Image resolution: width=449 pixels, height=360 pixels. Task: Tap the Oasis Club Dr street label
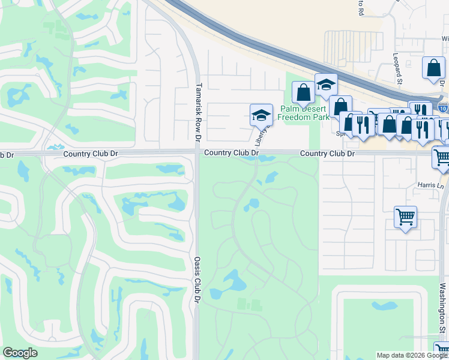click(x=197, y=279)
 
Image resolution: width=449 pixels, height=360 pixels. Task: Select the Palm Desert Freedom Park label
click(x=304, y=113)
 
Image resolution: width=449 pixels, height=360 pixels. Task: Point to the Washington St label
click(x=442, y=312)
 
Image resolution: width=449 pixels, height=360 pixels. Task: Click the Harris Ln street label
click(x=431, y=186)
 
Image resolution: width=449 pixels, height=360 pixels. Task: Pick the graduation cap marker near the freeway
click(x=326, y=85)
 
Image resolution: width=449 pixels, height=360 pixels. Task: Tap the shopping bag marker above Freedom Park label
click(x=303, y=92)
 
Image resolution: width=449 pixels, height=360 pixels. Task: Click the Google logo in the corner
click(x=20, y=353)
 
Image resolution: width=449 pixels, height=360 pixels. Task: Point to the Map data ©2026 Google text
click(x=412, y=355)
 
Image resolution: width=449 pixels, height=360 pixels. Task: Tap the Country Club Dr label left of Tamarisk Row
click(x=91, y=154)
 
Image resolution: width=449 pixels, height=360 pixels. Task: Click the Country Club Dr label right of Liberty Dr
click(x=327, y=154)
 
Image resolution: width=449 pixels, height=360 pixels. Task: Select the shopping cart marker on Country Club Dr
click(x=442, y=157)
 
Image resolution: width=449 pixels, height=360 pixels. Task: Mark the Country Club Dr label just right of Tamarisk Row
click(x=231, y=153)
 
